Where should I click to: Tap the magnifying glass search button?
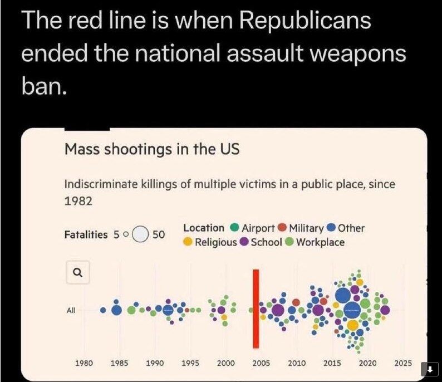pyautogui.click(x=78, y=272)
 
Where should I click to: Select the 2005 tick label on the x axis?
pyautogui.click(x=261, y=363)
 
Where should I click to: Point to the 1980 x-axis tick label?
pyautogui.click(x=84, y=363)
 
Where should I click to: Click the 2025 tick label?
pyautogui.click(x=403, y=363)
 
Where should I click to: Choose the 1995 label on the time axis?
pyautogui.click(x=190, y=363)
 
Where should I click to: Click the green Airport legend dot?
pyautogui.click(x=234, y=228)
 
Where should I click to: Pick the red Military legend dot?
pyautogui.click(x=282, y=228)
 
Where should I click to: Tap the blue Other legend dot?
pyautogui.click(x=331, y=228)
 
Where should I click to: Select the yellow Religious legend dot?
pyautogui.click(x=188, y=242)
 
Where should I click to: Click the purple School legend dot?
pyautogui.click(x=244, y=242)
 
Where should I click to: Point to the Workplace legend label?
pyautogui.click(x=320, y=242)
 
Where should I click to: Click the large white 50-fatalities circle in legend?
pyautogui.click(x=141, y=234)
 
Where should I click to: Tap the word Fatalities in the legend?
pyautogui.click(x=86, y=234)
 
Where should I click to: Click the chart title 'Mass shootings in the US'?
pyautogui.click(x=152, y=150)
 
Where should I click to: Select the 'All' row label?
pyautogui.click(x=71, y=310)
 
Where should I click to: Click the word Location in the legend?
pyautogui.click(x=204, y=228)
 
